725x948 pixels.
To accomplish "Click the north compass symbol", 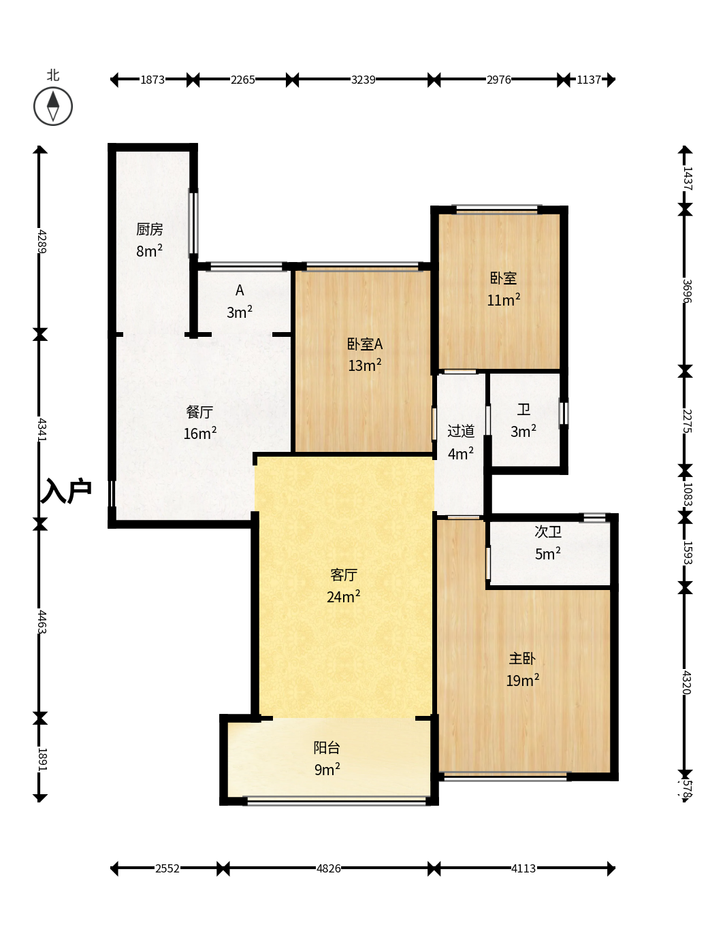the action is pos(52,106).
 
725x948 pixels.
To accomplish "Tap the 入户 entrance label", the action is pos(65,491).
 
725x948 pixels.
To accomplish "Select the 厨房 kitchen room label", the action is pos(150,229).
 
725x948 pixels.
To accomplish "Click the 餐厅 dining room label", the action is pos(199,412).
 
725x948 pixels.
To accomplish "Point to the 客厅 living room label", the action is pos(344,574).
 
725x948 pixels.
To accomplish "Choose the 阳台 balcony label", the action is pos(327,747).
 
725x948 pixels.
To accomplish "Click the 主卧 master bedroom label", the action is pos(522,658).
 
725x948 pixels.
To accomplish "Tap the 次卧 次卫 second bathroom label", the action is pos(548,532).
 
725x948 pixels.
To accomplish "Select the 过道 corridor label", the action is pos(461,431).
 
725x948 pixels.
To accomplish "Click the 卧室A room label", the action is pos(365,344).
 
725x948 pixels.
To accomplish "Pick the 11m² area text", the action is pos(503,299).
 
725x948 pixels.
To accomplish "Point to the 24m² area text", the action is pos(344,596).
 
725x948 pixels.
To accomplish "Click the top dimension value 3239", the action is pos(363,80).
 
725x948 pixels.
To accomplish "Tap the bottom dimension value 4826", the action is pos(328,868).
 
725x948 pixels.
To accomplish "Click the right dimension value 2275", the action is pos(687,421).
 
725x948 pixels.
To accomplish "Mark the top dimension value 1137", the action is pos(588,80).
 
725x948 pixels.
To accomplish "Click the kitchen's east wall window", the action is pos(193,223).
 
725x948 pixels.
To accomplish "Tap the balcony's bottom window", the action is pos(336,802).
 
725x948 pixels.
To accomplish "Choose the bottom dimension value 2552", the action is pos(167,868).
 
